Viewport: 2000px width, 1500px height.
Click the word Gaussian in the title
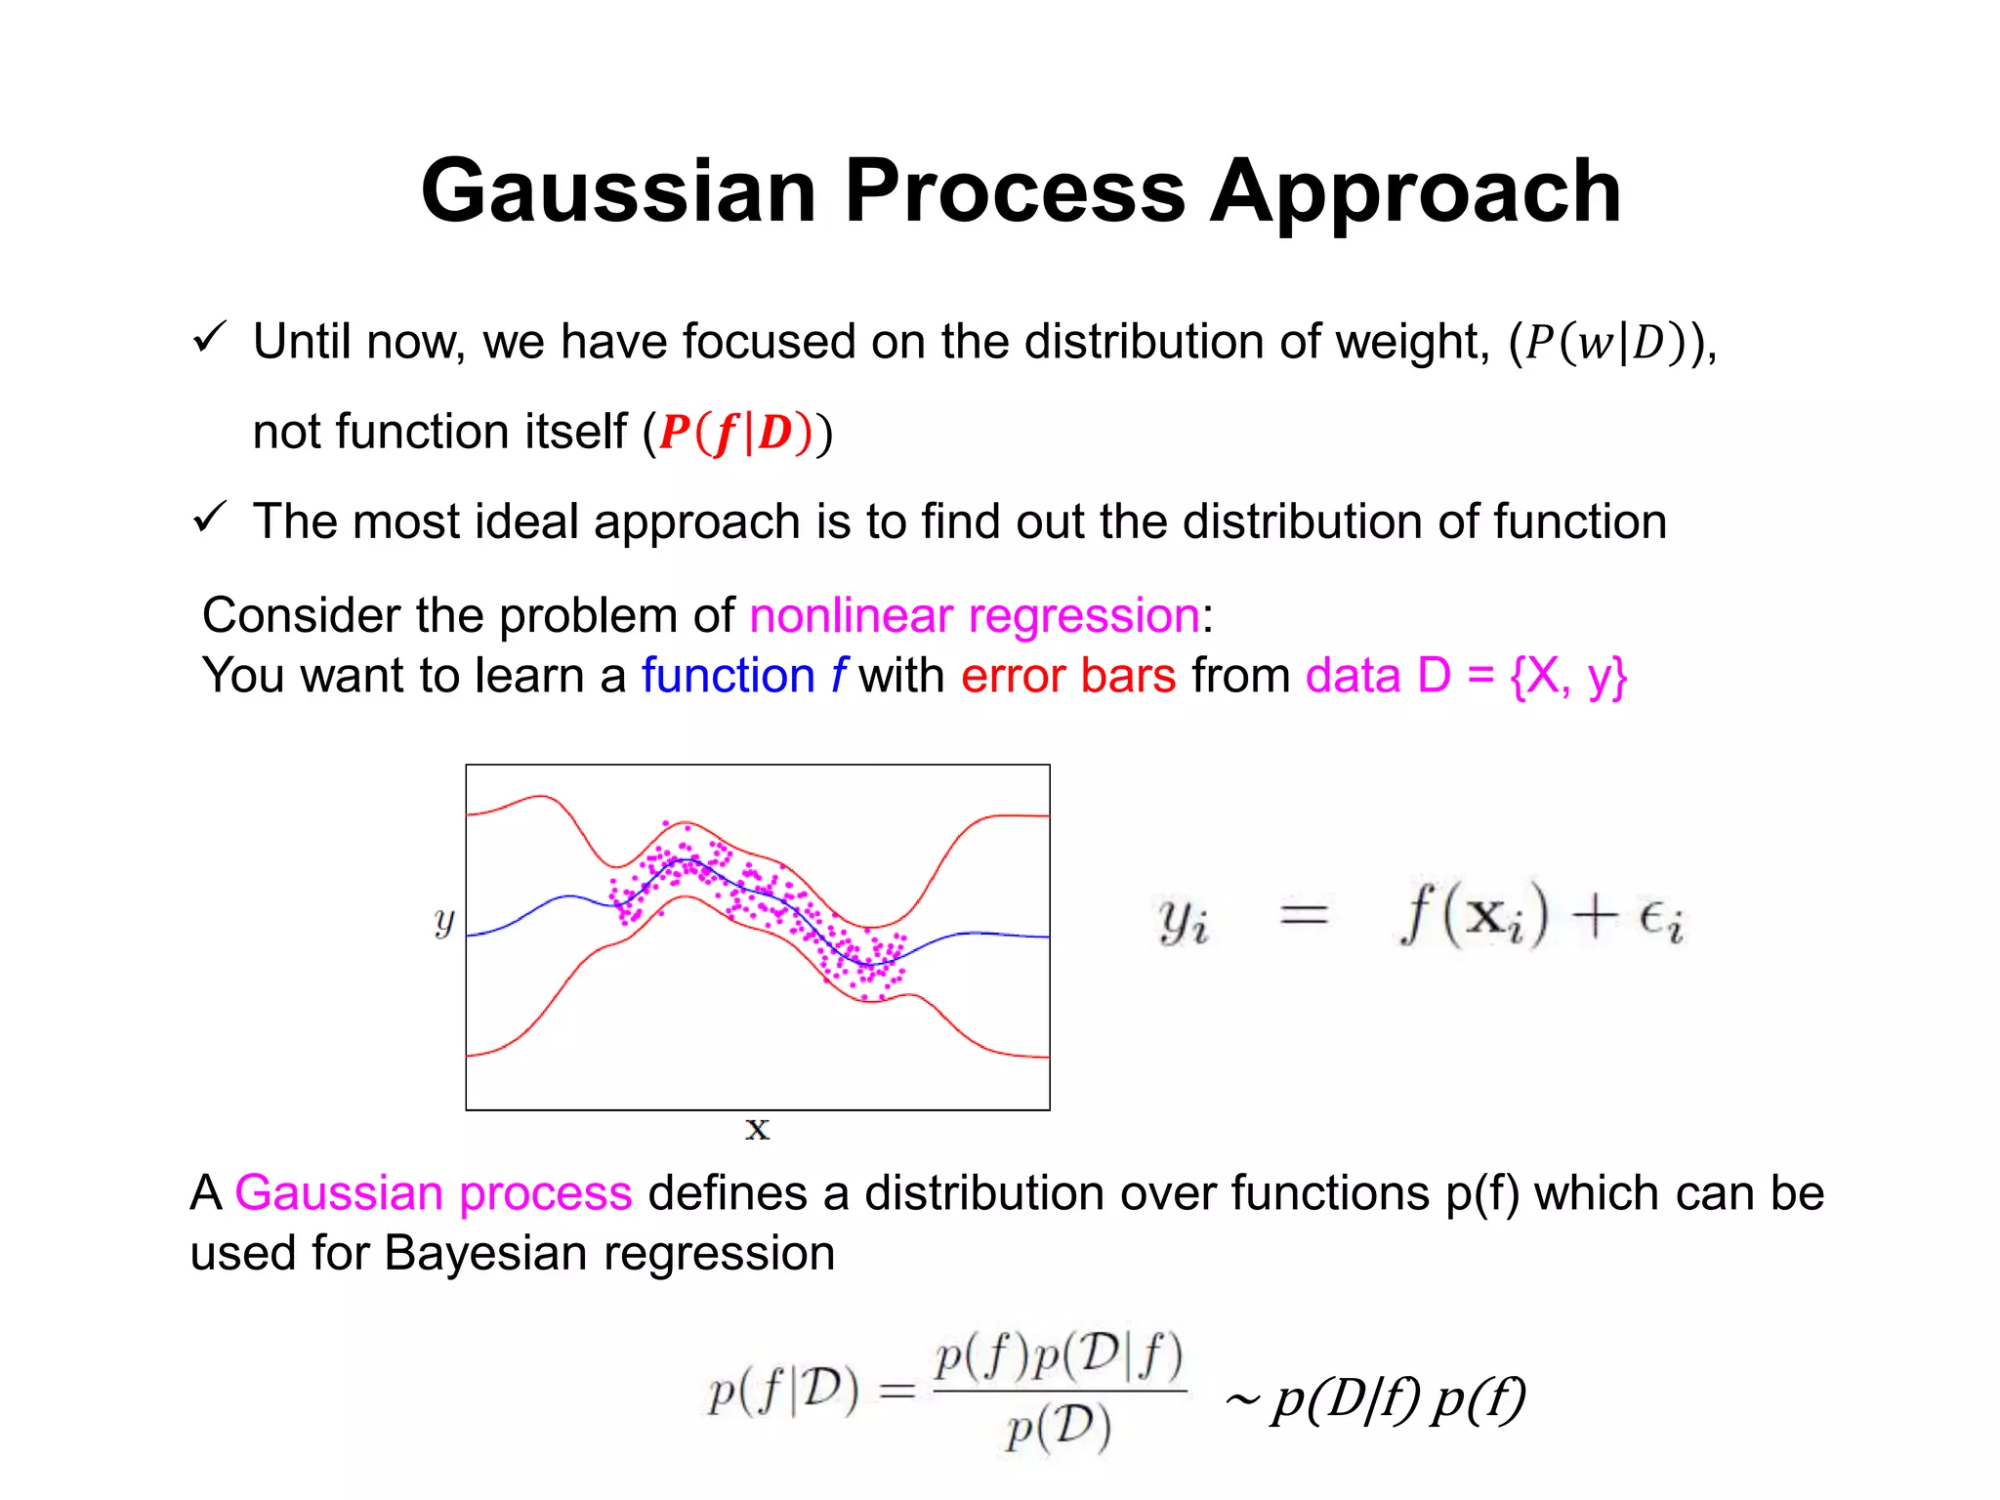pos(618,191)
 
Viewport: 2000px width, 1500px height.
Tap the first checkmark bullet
pos(210,338)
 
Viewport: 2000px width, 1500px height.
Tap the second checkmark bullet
pos(210,518)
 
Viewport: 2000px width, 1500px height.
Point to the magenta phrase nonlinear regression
pos(975,616)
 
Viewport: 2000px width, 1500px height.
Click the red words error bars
pos(1068,676)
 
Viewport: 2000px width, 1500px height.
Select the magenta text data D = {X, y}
pos(1466,676)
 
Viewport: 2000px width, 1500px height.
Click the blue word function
pos(728,676)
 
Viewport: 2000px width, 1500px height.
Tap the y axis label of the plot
pos(444,920)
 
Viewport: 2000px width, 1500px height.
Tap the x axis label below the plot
pos(757,1130)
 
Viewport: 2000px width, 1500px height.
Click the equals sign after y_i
pos(1304,916)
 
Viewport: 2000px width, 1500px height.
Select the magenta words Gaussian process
pos(434,1193)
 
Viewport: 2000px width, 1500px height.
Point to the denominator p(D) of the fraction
pos(1059,1429)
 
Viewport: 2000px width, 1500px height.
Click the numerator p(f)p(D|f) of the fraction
pos(1059,1356)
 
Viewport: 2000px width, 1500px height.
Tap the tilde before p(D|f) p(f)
pos(1241,1401)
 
